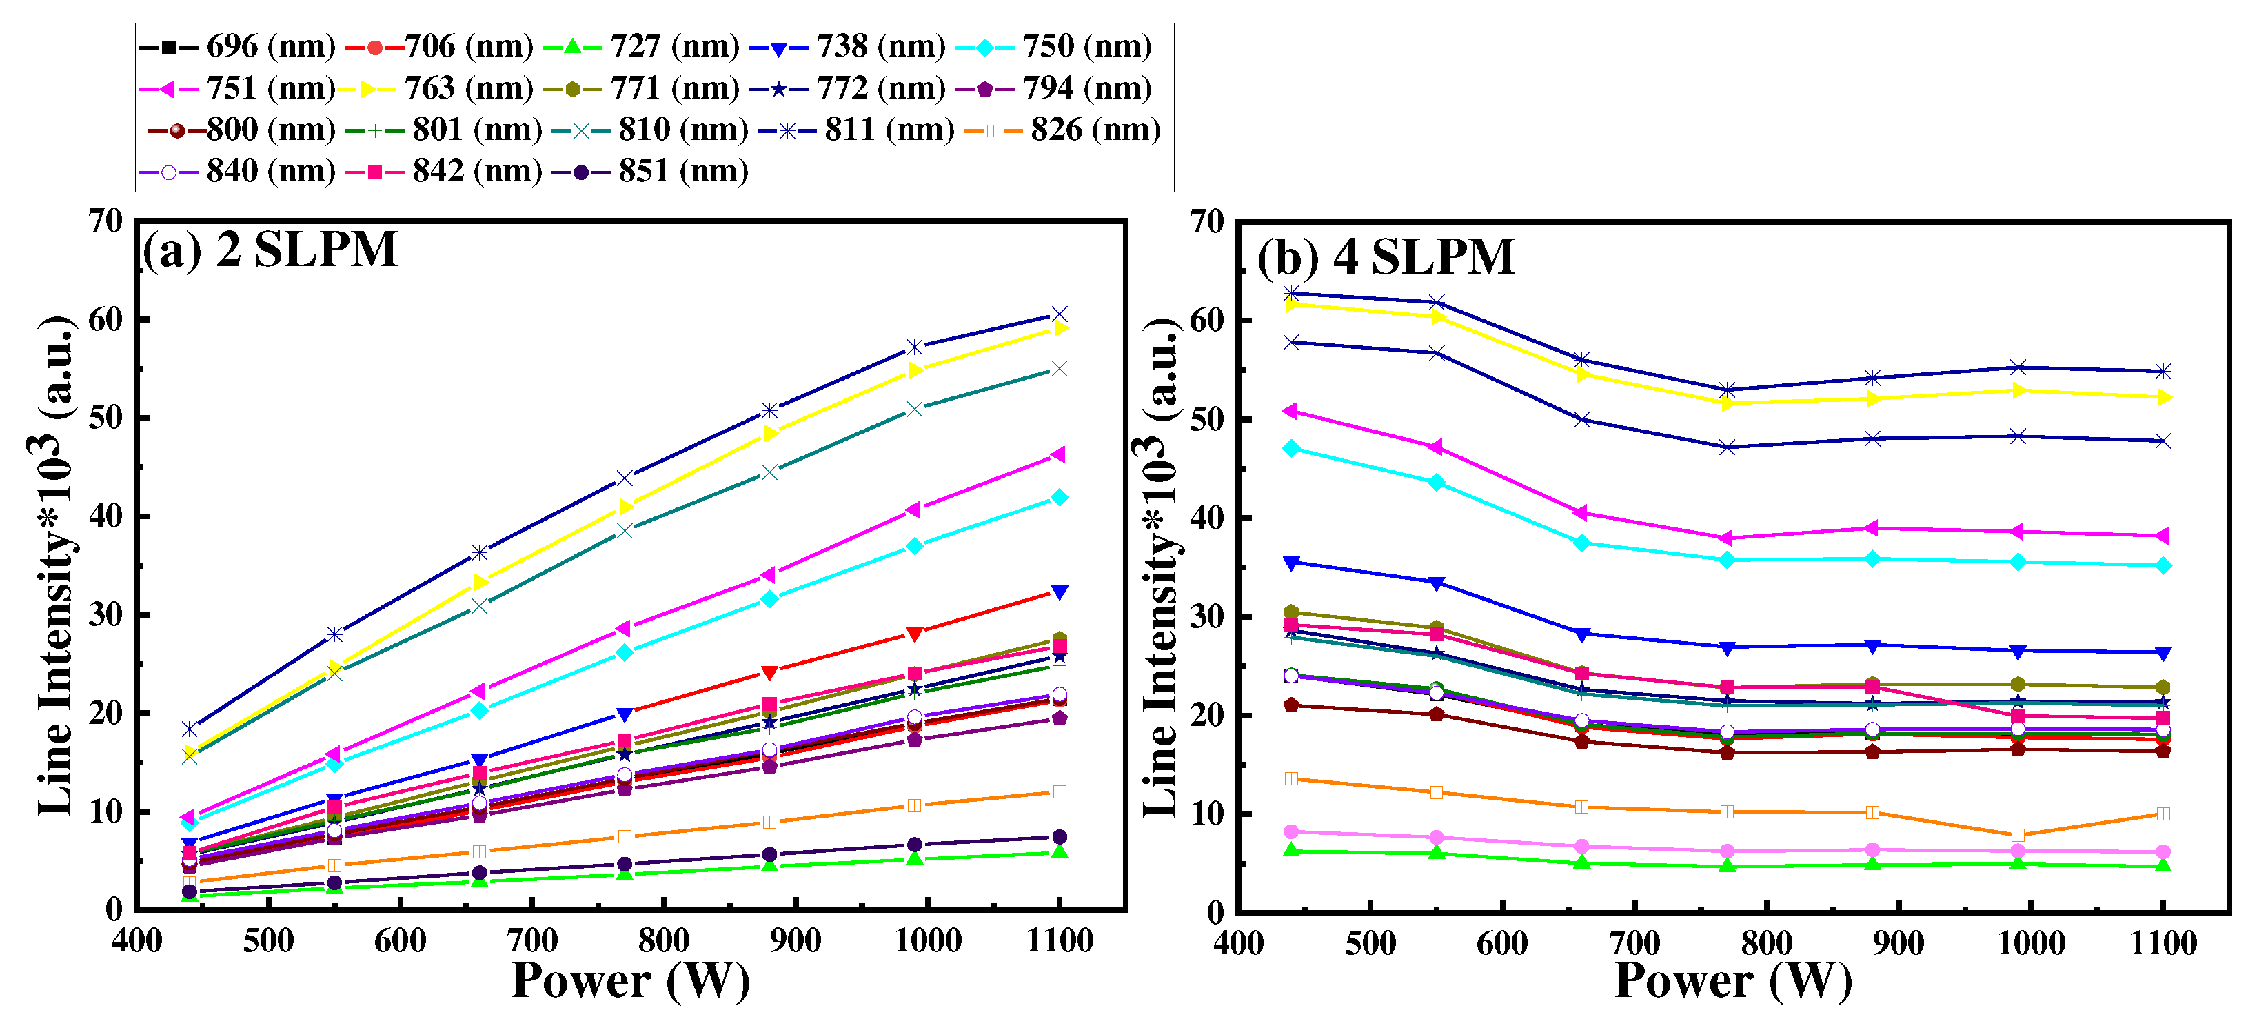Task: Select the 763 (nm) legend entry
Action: (436, 88)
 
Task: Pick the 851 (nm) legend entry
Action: (650, 171)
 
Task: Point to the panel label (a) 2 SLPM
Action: (270, 250)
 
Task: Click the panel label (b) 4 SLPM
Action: (1385, 257)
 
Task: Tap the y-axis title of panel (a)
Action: (54, 567)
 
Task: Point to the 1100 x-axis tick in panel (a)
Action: (1060, 941)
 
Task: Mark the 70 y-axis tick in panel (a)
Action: (105, 221)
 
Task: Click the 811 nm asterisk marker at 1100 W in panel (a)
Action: (1060, 314)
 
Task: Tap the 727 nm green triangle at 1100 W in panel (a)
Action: (1060, 851)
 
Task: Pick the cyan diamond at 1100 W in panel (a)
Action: (1060, 497)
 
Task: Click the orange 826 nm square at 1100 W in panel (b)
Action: (2163, 814)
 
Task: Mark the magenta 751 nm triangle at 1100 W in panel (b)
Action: (2163, 536)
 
